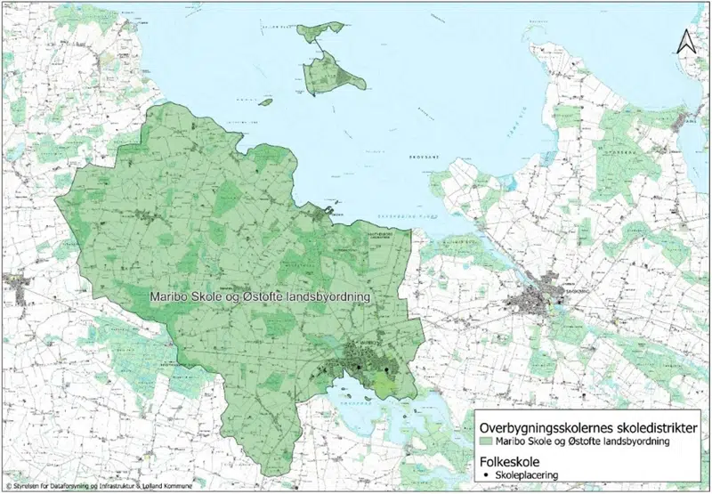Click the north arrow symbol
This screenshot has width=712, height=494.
(x=685, y=41)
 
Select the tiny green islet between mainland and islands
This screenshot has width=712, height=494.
(x=264, y=101)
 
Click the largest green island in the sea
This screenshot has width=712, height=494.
(x=334, y=73)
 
